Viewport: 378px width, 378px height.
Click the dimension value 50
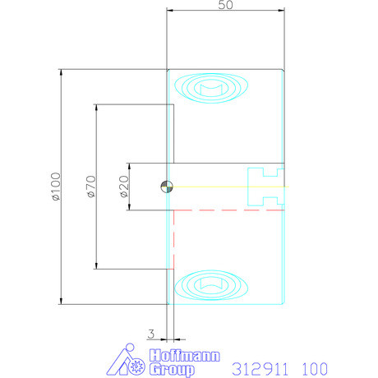point(225,5)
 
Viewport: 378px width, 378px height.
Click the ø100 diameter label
point(56,187)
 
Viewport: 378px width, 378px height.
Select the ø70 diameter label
point(91,187)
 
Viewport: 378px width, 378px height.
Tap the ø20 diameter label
point(124,187)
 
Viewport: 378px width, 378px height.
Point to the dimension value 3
point(151,334)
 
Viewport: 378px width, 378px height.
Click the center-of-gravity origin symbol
point(167,187)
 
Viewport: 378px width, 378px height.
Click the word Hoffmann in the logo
point(185,356)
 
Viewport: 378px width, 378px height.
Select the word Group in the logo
point(172,370)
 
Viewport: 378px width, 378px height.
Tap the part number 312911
point(260,369)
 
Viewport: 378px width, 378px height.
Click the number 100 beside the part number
point(315,369)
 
